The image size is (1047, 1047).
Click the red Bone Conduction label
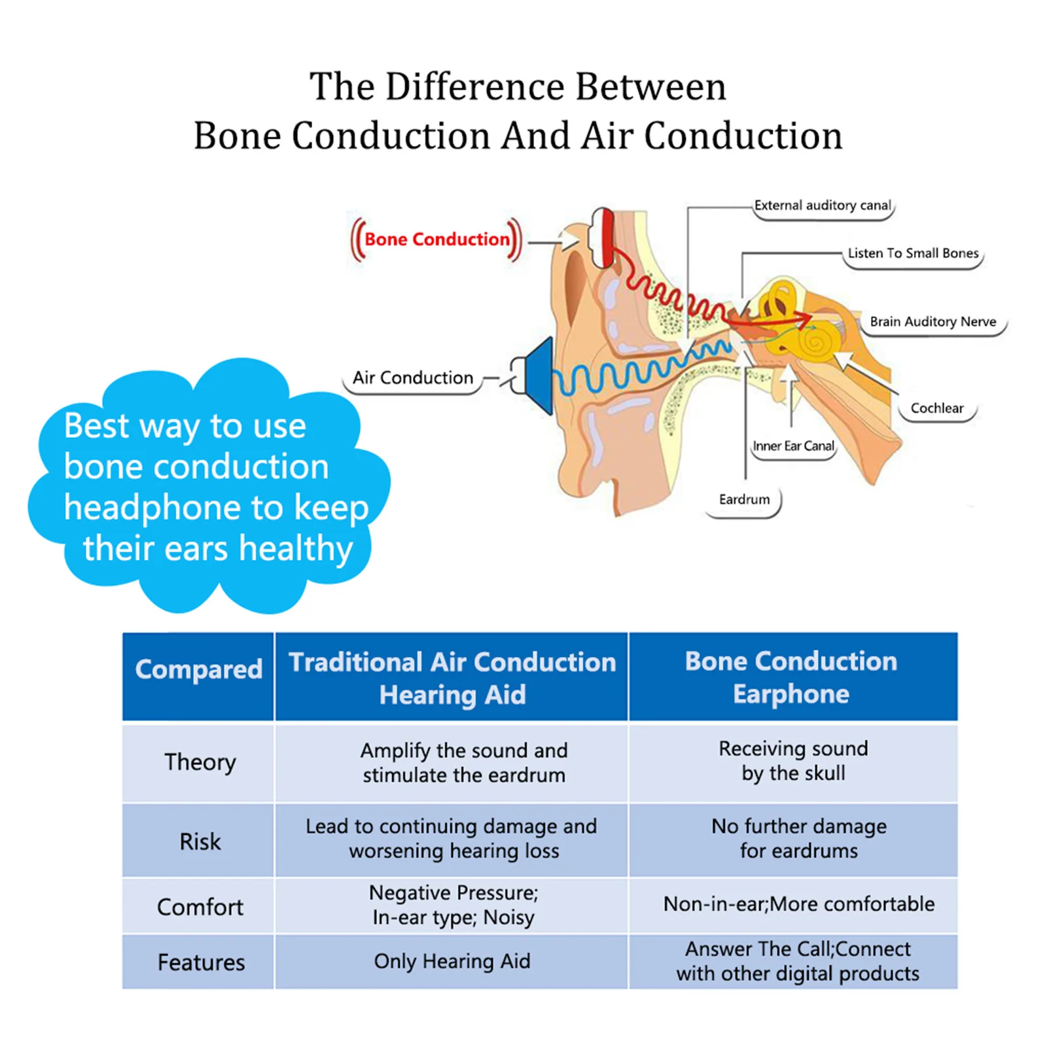(436, 240)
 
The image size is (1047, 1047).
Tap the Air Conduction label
(412, 378)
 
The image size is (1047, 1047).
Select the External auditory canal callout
(823, 205)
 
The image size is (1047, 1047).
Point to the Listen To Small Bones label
(913, 253)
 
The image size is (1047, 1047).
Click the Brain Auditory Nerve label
(932, 321)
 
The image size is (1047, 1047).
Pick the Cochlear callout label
(936, 408)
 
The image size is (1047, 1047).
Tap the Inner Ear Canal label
(793, 446)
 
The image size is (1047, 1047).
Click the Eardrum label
(744, 499)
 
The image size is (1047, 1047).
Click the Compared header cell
(198, 669)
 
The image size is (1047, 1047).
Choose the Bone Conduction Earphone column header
(791, 677)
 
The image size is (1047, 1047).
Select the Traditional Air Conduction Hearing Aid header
(452, 678)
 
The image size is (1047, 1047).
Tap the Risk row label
(200, 842)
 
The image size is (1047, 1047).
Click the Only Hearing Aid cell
(452, 961)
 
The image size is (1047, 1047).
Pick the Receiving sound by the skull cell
(793, 761)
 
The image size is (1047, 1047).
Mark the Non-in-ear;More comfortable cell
(798, 904)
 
